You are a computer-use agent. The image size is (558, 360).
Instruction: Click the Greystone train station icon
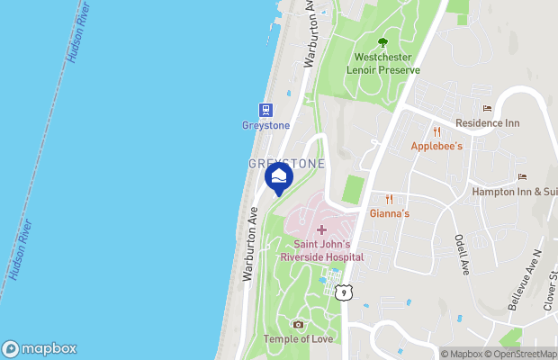(266, 110)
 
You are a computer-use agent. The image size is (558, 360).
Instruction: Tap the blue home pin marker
(279, 176)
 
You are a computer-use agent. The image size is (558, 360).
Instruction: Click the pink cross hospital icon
(321, 230)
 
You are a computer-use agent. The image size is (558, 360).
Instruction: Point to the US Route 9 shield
(343, 292)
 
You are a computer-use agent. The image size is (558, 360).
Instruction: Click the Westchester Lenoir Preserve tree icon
(383, 42)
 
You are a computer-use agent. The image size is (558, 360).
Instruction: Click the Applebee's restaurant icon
(436, 131)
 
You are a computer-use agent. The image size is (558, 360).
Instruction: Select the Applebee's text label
(436, 146)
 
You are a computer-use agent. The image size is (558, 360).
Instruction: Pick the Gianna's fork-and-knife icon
(390, 200)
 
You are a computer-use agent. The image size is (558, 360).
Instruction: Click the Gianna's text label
(390, 214)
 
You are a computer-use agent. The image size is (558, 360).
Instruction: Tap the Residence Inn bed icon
(487, 109)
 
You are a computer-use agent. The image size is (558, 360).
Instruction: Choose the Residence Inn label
(487, 123)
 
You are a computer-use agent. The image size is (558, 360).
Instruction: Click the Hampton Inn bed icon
(521, 177)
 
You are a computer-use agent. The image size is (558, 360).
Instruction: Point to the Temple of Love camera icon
(299, 324)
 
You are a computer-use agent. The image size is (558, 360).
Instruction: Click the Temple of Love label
(298, 338)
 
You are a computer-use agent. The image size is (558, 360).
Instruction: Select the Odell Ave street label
(461, 255)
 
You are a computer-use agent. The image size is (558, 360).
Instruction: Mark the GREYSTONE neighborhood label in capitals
(286, 163)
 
